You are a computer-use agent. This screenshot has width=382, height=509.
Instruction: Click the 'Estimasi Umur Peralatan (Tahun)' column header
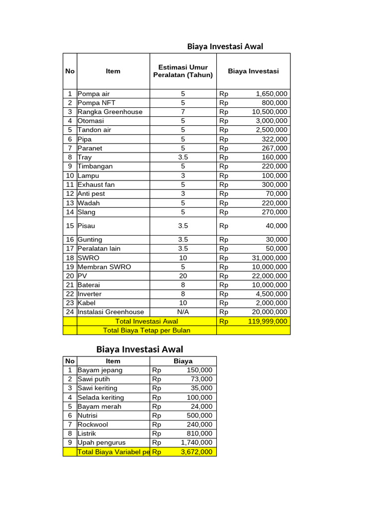coord(183,71)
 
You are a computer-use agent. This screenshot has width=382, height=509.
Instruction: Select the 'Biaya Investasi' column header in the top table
coord(253,71)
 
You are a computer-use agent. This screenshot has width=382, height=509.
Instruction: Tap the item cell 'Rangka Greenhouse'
coord(110,112)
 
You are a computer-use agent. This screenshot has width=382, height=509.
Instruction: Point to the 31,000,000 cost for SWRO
coord(269,257)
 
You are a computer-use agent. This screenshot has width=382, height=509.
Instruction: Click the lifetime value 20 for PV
coord(183,276)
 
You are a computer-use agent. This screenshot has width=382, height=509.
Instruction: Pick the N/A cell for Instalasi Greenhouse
coord(183,312)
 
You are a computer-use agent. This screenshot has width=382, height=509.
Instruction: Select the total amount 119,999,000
coord(268,321)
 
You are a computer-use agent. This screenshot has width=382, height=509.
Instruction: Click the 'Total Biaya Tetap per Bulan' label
coord(146,330)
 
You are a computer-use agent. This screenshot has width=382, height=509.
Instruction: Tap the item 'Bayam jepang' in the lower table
coord(100,370)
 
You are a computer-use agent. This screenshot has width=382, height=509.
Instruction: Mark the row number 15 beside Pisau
coord(70,226)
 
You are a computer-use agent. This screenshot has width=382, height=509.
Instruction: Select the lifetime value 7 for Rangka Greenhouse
coord(183,112)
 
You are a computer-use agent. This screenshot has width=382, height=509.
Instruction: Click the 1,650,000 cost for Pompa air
coord(271,93)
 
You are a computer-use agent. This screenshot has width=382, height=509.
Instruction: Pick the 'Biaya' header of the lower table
coord(183,361)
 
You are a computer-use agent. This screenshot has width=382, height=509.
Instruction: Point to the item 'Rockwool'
coord(93,424)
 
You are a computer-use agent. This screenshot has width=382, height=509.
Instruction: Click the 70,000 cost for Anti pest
coord(276,193)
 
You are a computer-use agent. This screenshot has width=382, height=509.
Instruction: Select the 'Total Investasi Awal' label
coord(146,321)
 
